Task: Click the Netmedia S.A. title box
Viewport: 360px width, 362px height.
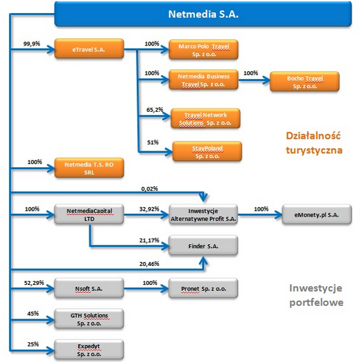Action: click(x=203, y=14)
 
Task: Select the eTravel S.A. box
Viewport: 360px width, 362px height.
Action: click(x=89, y=49)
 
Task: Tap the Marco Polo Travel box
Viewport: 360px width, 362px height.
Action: click(x=203, y=49)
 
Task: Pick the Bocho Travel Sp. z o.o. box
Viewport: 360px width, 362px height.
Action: click(x=305, y=82)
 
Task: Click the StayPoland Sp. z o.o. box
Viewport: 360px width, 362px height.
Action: click(x=207, y=151)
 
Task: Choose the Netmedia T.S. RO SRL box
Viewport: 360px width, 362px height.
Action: click(x=89, y=168)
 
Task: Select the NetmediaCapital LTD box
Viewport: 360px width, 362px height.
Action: click(x=89, y=215)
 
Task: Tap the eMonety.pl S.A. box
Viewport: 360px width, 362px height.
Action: click(x=317, y=215)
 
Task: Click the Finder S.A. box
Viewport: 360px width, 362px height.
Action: click(x=203, y=246)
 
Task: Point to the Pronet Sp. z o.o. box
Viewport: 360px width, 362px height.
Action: click(x=203, y=288)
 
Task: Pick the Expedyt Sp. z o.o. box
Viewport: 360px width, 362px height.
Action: click(x=89, y=349)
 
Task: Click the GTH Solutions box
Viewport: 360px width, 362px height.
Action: click(x=89, y=319)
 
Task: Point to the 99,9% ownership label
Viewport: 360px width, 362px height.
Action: click(x=32, y=43)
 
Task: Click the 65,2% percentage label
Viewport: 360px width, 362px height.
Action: click(x=155, y=110)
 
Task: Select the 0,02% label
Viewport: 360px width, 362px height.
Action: click(x=149, y=189)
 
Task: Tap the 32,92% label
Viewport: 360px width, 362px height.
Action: click(x=149, y=209)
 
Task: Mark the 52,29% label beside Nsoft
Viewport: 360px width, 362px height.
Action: click(x=34, y=283)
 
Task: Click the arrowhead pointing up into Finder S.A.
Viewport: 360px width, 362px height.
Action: click(x=203, y=260)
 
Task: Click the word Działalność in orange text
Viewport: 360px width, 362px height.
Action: click(x=313, y=136)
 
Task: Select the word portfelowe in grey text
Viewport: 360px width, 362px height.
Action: click(x=317, y=303)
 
